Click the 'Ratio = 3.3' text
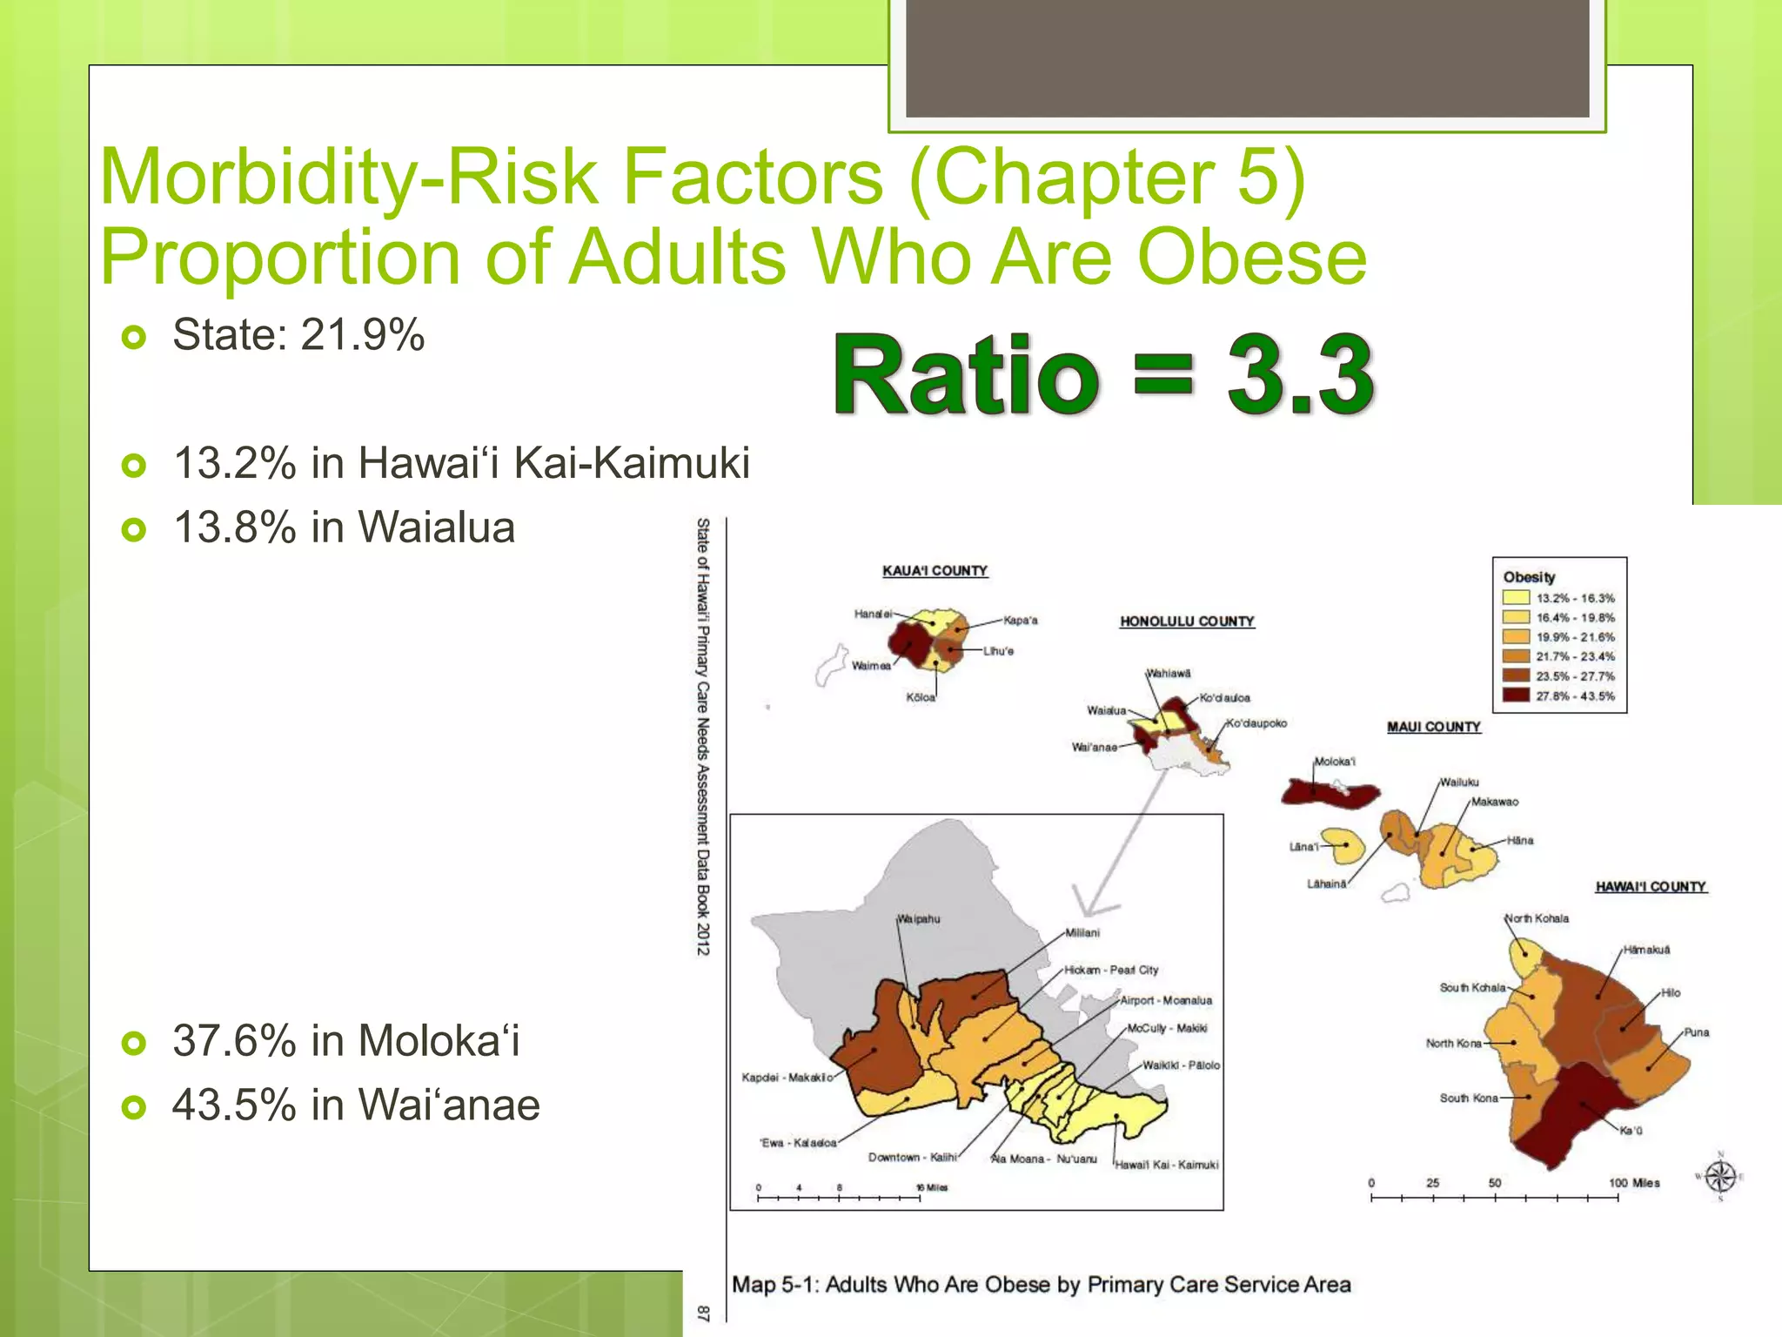1103,376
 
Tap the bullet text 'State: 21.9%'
298,335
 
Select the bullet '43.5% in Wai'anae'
356,1105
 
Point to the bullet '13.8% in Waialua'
345,528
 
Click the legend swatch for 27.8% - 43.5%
1516,695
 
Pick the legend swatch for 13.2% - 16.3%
1516,598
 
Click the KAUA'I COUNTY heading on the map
935,571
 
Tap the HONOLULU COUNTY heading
1187,621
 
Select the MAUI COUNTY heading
1433,727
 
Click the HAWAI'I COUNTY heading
1650,887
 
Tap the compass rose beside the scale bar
1719,1177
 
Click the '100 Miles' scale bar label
1634,1183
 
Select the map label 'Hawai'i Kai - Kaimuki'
1167,1165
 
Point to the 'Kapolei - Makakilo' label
785,1078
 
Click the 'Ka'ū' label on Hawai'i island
1631,1131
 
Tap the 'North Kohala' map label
1537,918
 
